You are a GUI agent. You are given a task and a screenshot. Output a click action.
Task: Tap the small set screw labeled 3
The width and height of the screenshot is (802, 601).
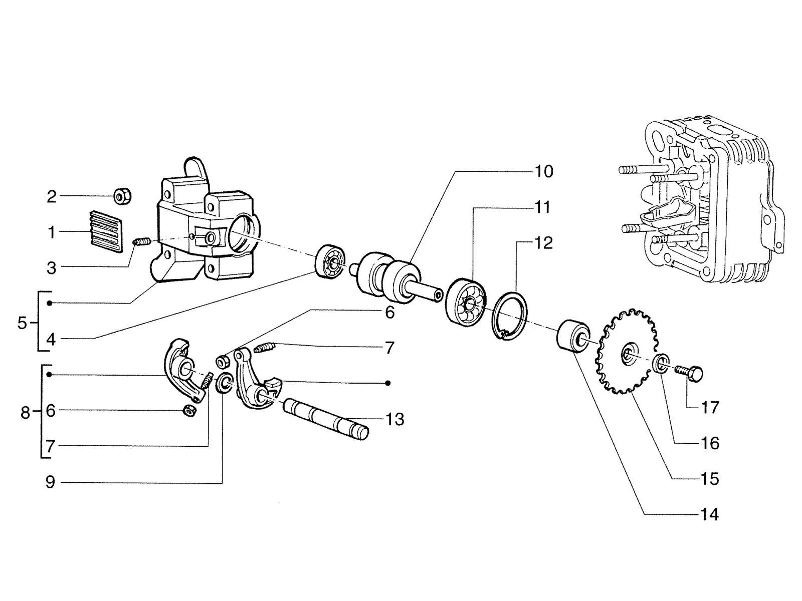142,241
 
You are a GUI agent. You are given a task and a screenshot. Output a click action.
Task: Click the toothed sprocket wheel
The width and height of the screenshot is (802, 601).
626,352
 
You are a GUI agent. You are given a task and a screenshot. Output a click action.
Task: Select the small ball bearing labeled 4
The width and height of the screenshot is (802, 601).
329,261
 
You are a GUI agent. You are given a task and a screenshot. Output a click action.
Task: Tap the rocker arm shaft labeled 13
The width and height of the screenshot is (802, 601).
325,419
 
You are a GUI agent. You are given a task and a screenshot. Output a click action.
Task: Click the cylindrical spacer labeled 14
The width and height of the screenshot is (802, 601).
572,336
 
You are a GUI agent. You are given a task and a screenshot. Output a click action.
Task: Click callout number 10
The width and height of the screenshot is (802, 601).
544,171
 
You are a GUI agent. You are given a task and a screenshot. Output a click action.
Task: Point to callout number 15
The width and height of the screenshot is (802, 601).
709,479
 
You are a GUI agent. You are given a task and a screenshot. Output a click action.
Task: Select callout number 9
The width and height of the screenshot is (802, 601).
51,482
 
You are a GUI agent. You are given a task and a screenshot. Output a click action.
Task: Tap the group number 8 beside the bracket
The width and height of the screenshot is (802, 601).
25,413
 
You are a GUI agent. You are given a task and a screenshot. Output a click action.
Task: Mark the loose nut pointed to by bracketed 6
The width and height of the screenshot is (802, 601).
189,411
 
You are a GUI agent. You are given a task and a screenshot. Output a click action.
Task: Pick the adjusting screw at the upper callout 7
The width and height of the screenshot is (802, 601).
264,347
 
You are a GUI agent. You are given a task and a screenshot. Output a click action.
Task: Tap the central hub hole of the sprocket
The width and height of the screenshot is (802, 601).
628,353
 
